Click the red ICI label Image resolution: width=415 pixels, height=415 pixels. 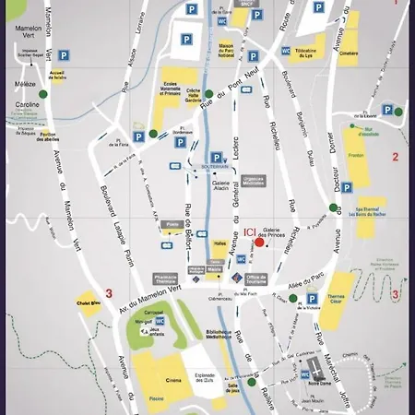pyautogui.click(x=250, y=233)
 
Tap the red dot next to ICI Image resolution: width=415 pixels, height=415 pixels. pyautogui.click(x=260, y=243)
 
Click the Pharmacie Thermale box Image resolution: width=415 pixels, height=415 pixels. pyautogui.click(x=166, y=278)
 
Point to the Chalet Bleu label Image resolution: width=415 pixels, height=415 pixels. pyautogui.click(x=89, y=301)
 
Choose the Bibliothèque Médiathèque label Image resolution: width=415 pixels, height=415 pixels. pyautogui.click(x=219, y=335)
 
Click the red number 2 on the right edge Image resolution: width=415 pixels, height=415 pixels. pyautogui.click(x=395, y=157)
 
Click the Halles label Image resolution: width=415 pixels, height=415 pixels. pyautogui.click(x=219, y=243)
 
